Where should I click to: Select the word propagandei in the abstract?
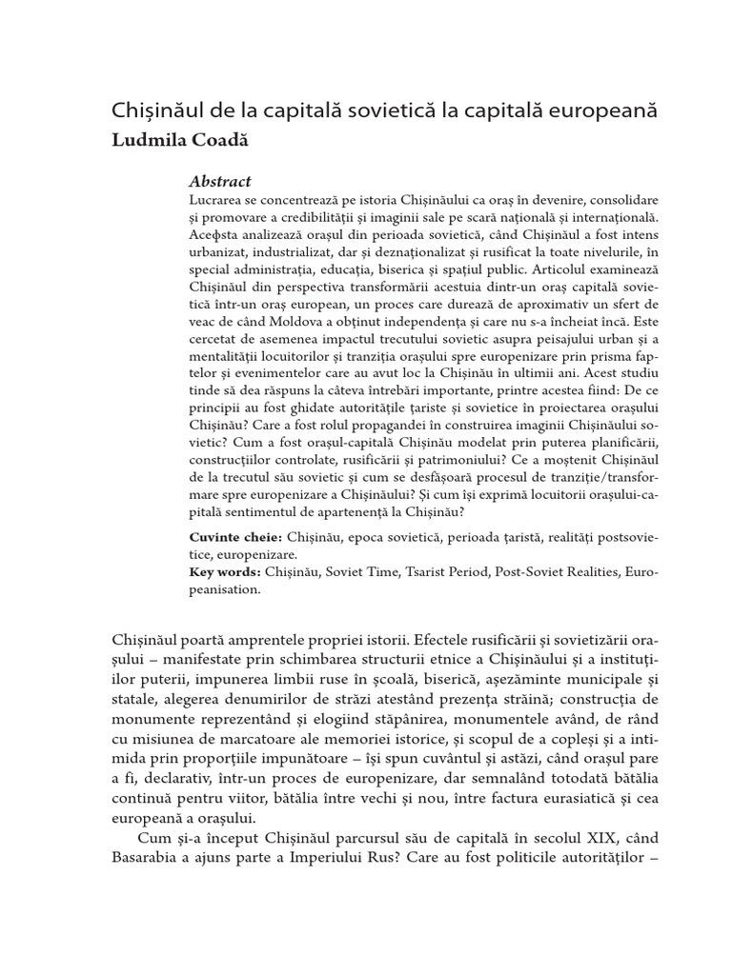coord(396,429)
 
